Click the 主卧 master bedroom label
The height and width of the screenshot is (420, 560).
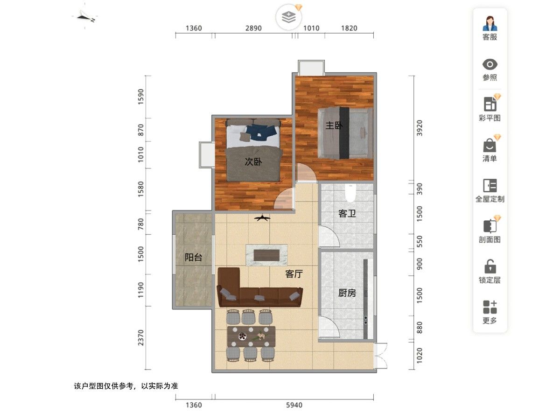click(x=334, y=126)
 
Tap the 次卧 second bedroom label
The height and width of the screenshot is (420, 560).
click(x=253, y=161)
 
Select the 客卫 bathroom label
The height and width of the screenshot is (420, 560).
click(x=347, y=213)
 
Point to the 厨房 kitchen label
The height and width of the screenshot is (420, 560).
click(x=347, y=293)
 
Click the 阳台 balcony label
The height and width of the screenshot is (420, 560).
click(x=193, y=257)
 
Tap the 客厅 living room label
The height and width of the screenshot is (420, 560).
click(x=294, y=274)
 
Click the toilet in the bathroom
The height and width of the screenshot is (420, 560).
click(x=350, y=192)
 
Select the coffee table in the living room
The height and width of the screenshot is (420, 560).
click(x=266, y=255)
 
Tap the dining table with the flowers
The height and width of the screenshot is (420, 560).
click(x=251, y=336)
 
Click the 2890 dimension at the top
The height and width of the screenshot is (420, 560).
click(x=253, y=28)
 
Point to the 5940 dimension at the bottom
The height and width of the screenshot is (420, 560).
click(x=294, y=405)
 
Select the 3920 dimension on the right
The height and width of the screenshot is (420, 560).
click(x=419, y=128)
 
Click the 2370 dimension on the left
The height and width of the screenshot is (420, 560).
click(x=140, y=337)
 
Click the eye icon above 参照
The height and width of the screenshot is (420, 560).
click(x=490, y=64)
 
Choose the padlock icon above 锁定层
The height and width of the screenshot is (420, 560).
click(x=490, y=266)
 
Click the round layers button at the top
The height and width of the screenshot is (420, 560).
click(x=288, y=17)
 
